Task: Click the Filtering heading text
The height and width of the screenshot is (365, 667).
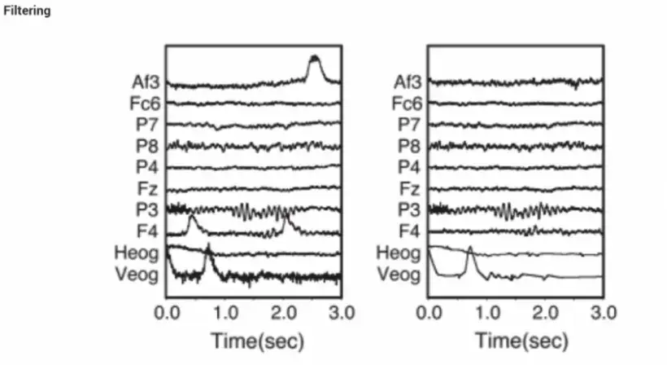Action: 27,11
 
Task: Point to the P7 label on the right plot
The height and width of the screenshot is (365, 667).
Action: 411,125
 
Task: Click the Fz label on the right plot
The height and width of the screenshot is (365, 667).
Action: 412,189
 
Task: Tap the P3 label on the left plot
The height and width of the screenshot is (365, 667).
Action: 148,210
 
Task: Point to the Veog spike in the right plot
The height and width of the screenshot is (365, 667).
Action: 469,248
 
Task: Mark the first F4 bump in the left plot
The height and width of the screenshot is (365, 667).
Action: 192,219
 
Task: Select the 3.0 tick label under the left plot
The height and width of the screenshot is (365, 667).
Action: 340,312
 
